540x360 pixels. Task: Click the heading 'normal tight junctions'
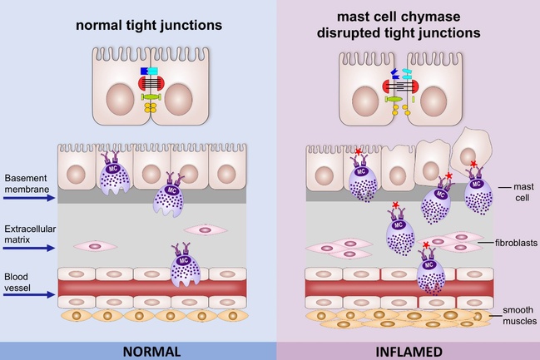coord(150,26)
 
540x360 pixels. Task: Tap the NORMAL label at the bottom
coord(151,350)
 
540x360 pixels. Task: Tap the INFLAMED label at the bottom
coord(409,350)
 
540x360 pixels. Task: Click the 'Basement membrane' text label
coord(27,182)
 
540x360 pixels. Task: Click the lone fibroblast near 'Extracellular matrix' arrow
coord(92,246)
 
